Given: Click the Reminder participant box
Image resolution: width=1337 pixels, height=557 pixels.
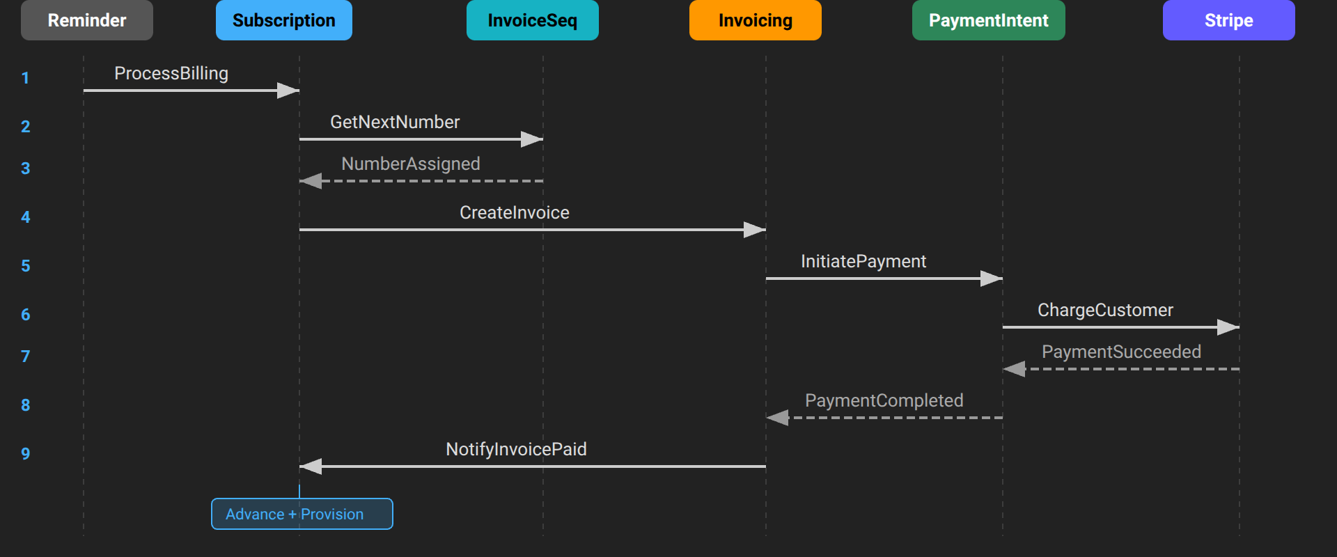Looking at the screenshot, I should coord(87,20).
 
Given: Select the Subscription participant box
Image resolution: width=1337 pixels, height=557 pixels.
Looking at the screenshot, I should coord(283,20).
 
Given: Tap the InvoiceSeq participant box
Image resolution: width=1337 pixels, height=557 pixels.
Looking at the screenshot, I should coord(532,20).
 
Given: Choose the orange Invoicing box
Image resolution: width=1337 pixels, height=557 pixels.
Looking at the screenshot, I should coord(755,20).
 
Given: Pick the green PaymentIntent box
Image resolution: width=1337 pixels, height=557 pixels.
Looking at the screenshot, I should coord(988,20).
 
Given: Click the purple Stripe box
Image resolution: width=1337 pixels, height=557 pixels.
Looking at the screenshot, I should coord(1228,20).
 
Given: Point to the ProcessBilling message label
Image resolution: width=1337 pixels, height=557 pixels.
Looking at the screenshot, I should coord(171,73).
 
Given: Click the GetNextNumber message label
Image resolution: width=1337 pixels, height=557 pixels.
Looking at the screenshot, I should coord(395,122).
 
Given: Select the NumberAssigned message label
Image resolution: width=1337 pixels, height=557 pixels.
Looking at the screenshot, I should coord(411,164).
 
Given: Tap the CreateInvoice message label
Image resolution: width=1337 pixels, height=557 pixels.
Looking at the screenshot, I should coord(515,212).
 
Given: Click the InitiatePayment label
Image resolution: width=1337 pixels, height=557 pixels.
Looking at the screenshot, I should coord(863,261).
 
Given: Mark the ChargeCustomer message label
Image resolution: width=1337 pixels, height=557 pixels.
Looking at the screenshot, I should coord(1105,310).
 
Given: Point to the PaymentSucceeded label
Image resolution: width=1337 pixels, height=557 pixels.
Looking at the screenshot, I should coord(1121,352).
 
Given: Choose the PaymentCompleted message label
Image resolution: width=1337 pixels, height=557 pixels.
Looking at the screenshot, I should coord(884,400).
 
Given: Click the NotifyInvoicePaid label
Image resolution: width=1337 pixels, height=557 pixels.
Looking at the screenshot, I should coord(516,449).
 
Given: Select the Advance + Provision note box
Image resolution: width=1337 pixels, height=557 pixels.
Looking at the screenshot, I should coord(302,514).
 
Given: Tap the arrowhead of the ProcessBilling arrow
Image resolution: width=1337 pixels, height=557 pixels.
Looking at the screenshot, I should coord(289,91).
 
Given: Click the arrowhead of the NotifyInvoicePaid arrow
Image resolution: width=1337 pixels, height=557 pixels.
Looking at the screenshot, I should coord(311,466).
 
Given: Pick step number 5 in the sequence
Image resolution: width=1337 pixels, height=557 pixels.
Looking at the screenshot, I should coord(26,266).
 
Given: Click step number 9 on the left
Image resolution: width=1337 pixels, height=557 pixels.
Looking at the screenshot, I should coord(26,454).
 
